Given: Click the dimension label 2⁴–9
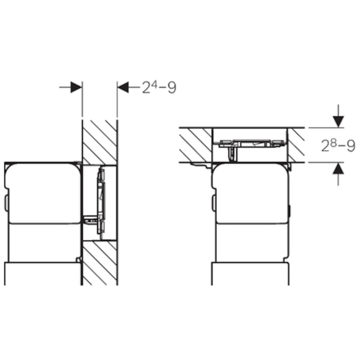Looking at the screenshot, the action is click(x=159, y=87).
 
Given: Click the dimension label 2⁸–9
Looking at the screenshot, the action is click(x=338, y=145).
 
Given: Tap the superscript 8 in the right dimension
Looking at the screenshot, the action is click(x=334, y=143).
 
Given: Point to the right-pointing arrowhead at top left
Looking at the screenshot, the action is click(x=76, y=87).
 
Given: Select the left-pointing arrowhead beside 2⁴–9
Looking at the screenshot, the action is click(x=123, y=87).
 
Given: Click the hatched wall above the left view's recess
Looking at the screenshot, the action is click(x=100, y=142).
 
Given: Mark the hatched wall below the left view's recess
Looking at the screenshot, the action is click(x=100, y=263).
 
